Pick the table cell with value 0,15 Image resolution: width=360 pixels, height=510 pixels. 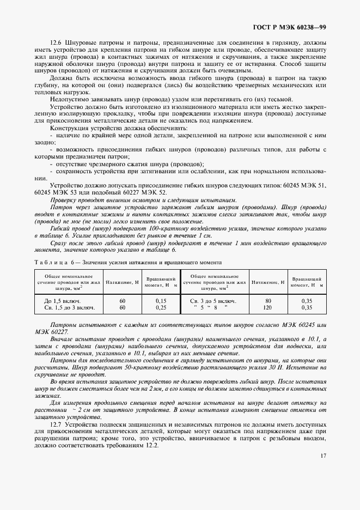tap(161, 301)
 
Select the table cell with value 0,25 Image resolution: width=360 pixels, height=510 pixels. tap(161, 307)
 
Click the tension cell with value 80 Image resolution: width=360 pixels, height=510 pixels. tap(268, 301)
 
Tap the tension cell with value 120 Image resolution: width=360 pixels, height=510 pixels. tap(268, 307)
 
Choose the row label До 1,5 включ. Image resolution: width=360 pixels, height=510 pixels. tap(62, 301)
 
